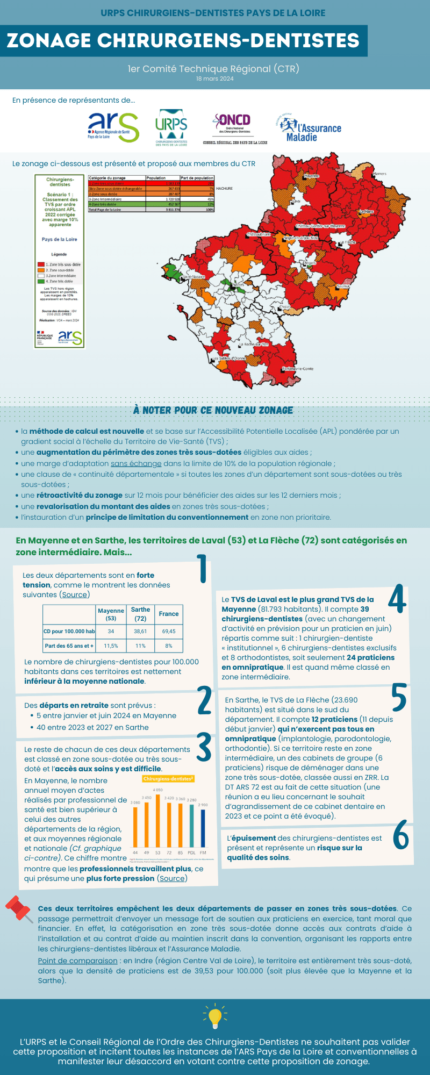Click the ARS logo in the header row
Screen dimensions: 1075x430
[x=113, y=127]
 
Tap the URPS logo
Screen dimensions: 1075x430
[x=171, y=128]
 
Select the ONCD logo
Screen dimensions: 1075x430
[x=234, y=128]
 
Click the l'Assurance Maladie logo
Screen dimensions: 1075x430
[x=311, y=128]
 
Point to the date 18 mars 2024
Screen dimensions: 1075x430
[x=214, y=78]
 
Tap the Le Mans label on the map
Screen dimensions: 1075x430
[x=367, y=212]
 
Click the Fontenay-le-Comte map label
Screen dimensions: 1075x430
[x=298, y=369]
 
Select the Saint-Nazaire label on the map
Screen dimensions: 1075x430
[x=194, y=277]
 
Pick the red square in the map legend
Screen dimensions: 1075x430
[x=41, y=264]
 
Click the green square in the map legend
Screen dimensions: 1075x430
[x=41, y=281]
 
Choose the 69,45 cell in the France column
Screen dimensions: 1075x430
[x=169, y=632]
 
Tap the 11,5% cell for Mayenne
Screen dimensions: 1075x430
[x=111, y=646]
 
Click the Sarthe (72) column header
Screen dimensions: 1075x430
[x=140, y=614]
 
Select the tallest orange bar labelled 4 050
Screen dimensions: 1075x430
[x=158, y=820]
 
